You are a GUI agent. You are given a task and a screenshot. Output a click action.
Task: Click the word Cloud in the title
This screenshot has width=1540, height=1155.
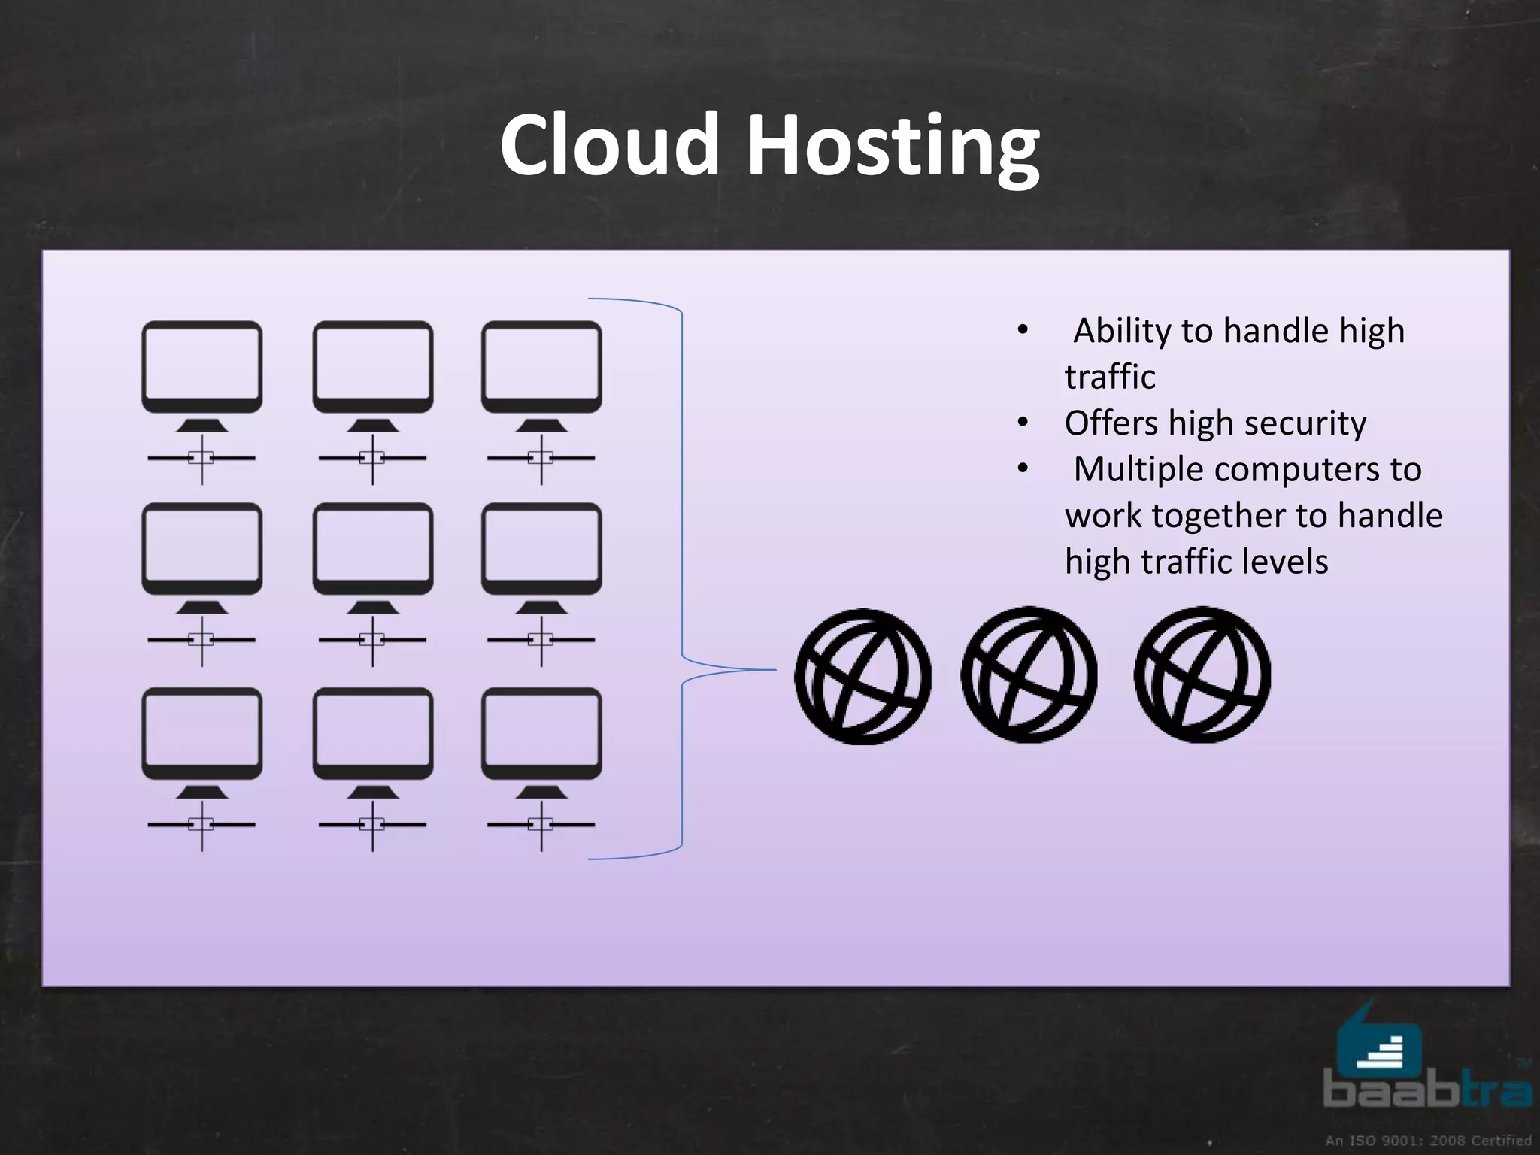point(609,144)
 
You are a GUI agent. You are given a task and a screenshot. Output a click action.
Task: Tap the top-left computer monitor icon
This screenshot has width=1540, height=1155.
point(202,368)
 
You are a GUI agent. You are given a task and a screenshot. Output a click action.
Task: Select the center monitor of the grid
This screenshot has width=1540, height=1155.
point(372,550)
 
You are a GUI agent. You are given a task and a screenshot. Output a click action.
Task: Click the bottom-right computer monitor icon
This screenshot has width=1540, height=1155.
point(541,734)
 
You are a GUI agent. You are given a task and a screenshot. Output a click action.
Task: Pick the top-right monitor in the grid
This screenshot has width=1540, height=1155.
point(541,368)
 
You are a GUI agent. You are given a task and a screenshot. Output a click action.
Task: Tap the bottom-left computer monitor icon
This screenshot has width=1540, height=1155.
point(202,734)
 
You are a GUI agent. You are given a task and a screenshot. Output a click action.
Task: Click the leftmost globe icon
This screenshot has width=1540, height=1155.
point(862,677)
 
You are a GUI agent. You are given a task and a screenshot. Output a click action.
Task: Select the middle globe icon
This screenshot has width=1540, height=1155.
point(1029,675)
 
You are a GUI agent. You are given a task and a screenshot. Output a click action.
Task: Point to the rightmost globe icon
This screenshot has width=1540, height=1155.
point(1202,675)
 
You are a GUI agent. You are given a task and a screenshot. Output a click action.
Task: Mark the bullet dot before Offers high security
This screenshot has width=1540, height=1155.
point(1022,423)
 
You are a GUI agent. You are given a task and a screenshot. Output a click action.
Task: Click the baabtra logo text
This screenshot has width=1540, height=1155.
point(1426,1090)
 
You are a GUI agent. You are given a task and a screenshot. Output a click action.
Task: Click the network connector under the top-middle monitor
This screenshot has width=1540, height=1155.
point(372,457)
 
